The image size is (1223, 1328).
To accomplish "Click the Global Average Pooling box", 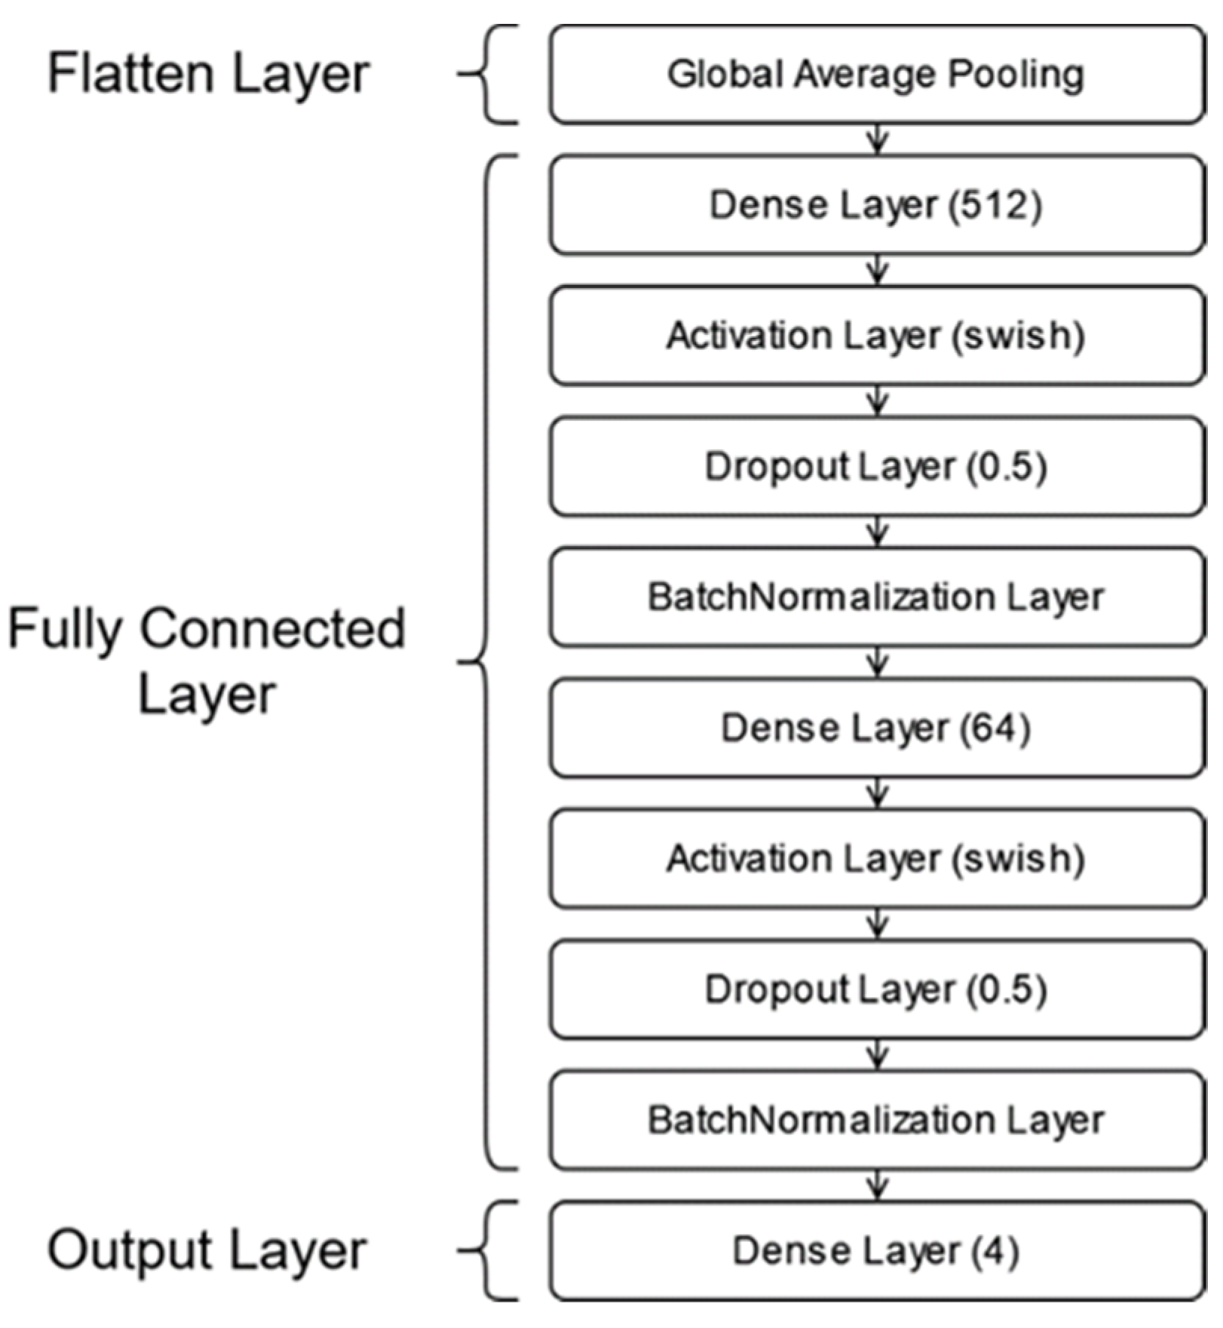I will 877,75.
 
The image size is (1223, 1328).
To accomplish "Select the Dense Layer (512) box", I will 877,205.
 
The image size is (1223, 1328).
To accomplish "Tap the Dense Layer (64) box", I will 877,728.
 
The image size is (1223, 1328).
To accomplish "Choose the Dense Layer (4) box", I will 877,1251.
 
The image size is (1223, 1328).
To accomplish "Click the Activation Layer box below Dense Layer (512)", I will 877,336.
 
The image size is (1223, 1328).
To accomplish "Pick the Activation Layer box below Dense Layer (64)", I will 877,859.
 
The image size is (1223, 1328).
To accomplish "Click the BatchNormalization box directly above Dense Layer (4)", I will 877,1121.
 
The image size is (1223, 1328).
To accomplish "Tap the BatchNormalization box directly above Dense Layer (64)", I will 877,597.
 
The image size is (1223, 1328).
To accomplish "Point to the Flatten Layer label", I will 208,75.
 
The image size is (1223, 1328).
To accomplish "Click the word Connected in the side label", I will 273,629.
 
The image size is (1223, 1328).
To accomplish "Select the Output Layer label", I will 207,1251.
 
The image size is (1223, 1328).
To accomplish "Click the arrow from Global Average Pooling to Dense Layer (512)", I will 877,140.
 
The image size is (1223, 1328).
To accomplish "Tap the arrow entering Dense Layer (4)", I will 877,1185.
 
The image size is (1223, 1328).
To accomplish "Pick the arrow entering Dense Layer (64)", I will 877,663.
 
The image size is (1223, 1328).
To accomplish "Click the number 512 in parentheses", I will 995,205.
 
